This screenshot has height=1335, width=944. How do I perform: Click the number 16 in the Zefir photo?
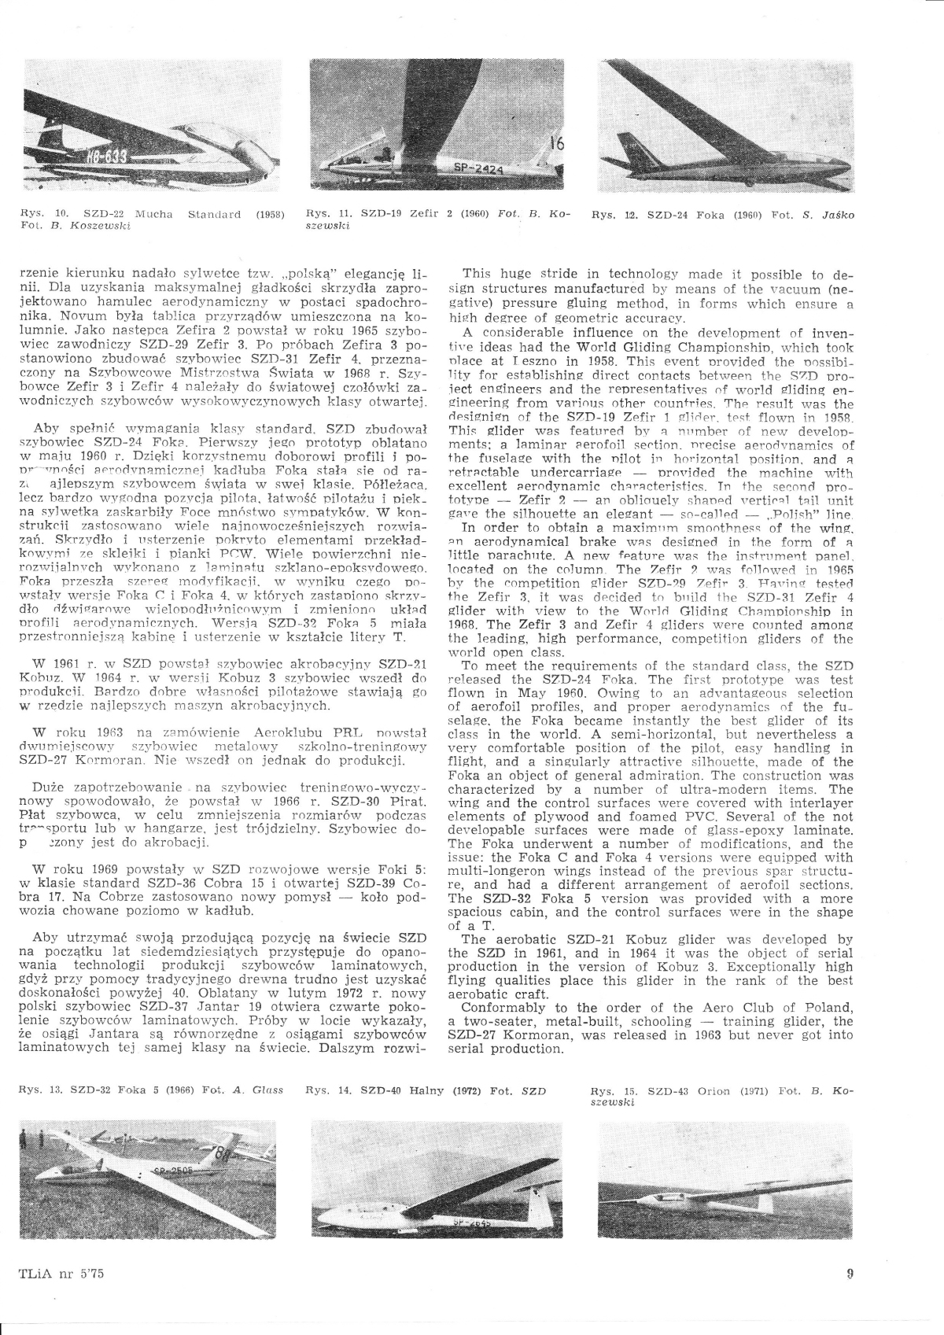(x=561, y=146)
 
